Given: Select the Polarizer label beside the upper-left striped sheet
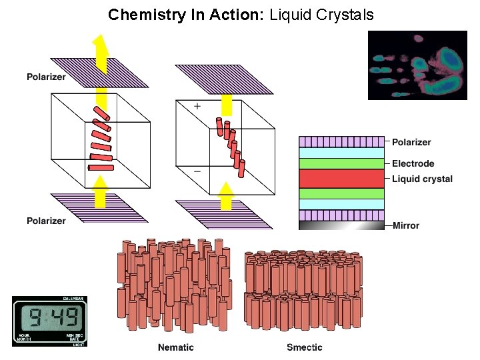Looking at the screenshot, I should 46,77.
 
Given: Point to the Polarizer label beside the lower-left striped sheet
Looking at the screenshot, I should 46,221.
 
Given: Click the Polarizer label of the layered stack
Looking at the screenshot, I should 411,142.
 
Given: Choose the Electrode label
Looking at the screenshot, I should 413,163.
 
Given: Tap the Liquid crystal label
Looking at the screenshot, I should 422,179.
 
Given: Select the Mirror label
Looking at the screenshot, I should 405,225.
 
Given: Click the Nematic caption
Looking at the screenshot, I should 176,347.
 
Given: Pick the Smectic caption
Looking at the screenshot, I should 305,347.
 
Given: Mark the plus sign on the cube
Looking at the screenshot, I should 197,107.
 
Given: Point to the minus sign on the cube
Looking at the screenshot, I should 197,171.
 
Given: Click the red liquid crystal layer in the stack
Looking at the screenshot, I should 341,179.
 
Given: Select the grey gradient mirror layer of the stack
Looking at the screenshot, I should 341,225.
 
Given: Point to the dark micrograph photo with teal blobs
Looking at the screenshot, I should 418,65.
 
